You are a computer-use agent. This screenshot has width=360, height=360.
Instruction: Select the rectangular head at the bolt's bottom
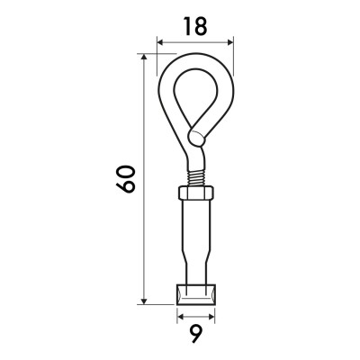point(195,294)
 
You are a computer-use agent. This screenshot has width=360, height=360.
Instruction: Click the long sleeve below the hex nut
point(194,234)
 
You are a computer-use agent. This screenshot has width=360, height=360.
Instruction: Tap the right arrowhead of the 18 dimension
point(229,41)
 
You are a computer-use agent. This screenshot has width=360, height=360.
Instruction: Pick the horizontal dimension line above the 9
point(195,317)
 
